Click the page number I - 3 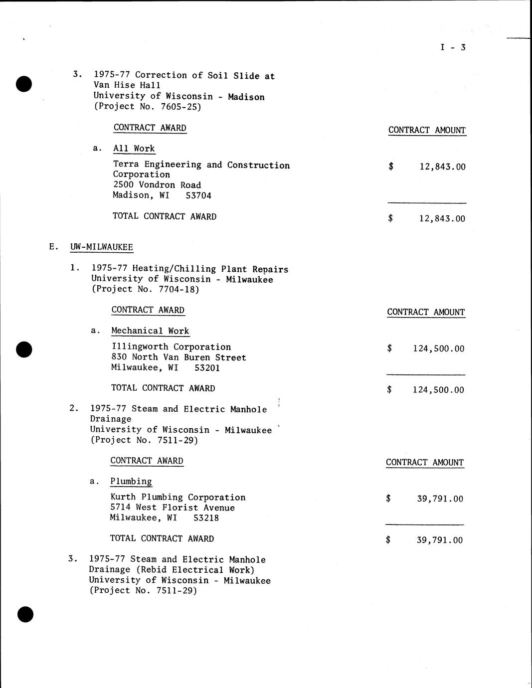point(453,47)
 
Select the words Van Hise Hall point(127,85)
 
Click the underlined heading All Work point(134,149)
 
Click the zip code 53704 point(198,195)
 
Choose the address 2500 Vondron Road point(157,185)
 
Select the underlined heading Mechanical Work point(150,331)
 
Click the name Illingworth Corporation point(171,347)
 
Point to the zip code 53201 point(207,368)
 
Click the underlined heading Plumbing point(131,482)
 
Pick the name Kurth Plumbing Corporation point(177,497)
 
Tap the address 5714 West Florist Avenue point(172,508)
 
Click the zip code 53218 point(206,518)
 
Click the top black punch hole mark point(24,84)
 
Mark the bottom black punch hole point(25,615)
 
